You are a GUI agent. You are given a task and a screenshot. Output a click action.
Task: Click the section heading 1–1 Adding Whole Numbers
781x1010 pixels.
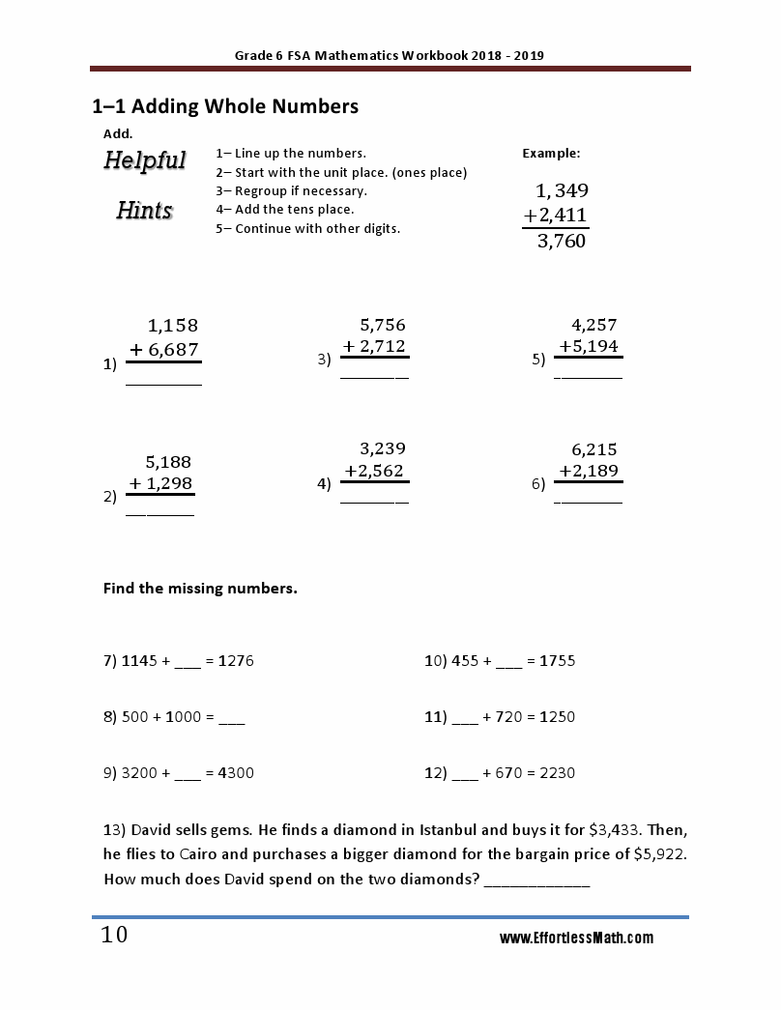tap(224, 106)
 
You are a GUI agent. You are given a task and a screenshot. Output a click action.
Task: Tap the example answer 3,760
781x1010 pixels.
tap(561, 242)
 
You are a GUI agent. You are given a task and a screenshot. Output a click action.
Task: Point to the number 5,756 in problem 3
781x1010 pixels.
tap(383, 325)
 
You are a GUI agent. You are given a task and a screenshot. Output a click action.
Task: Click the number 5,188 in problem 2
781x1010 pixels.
tap(168, 461)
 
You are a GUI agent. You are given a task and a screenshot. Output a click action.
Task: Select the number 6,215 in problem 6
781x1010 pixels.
tap(593, 449)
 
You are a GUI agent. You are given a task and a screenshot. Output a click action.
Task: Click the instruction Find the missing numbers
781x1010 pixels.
tap(200, 588)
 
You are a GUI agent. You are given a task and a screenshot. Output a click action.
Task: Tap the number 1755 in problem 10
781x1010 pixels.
tap(557, 661)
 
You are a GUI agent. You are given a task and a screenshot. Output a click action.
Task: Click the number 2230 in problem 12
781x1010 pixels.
tap(557, 773)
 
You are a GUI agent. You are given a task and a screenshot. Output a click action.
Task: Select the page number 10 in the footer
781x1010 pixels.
tap(114, 936)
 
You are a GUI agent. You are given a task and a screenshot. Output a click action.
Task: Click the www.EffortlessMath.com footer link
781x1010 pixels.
tap(576, 938)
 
